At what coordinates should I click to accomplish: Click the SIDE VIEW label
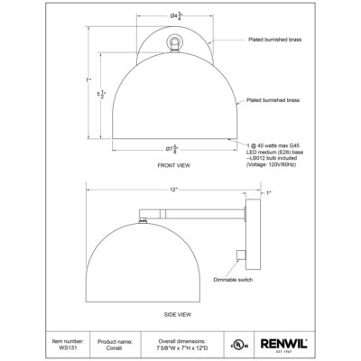[x=176, y=315]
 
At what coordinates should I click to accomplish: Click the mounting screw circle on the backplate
[x=173, y=40]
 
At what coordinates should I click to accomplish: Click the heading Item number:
[x=68, y=341]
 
